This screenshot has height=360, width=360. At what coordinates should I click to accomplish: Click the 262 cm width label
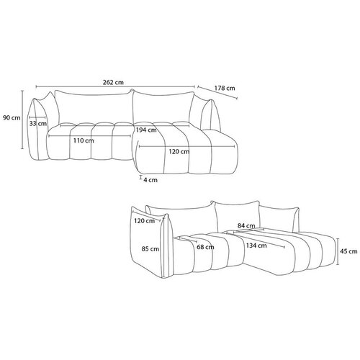(113, 82)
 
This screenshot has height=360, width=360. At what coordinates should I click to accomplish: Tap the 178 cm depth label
(225, 88)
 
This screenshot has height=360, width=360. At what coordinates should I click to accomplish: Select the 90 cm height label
(12, 118)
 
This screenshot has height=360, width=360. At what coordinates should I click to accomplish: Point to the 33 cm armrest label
(38, 124)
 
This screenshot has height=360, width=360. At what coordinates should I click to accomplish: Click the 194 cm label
(146, 130)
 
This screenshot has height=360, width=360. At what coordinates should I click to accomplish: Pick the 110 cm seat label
(84, 140)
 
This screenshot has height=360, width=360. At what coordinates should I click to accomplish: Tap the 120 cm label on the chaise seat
(179, 152)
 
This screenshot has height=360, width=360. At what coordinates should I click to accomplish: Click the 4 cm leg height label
(150, 180)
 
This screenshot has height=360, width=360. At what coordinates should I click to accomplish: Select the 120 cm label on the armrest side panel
(144, 221)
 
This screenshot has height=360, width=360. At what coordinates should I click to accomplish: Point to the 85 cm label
(150, 249)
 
